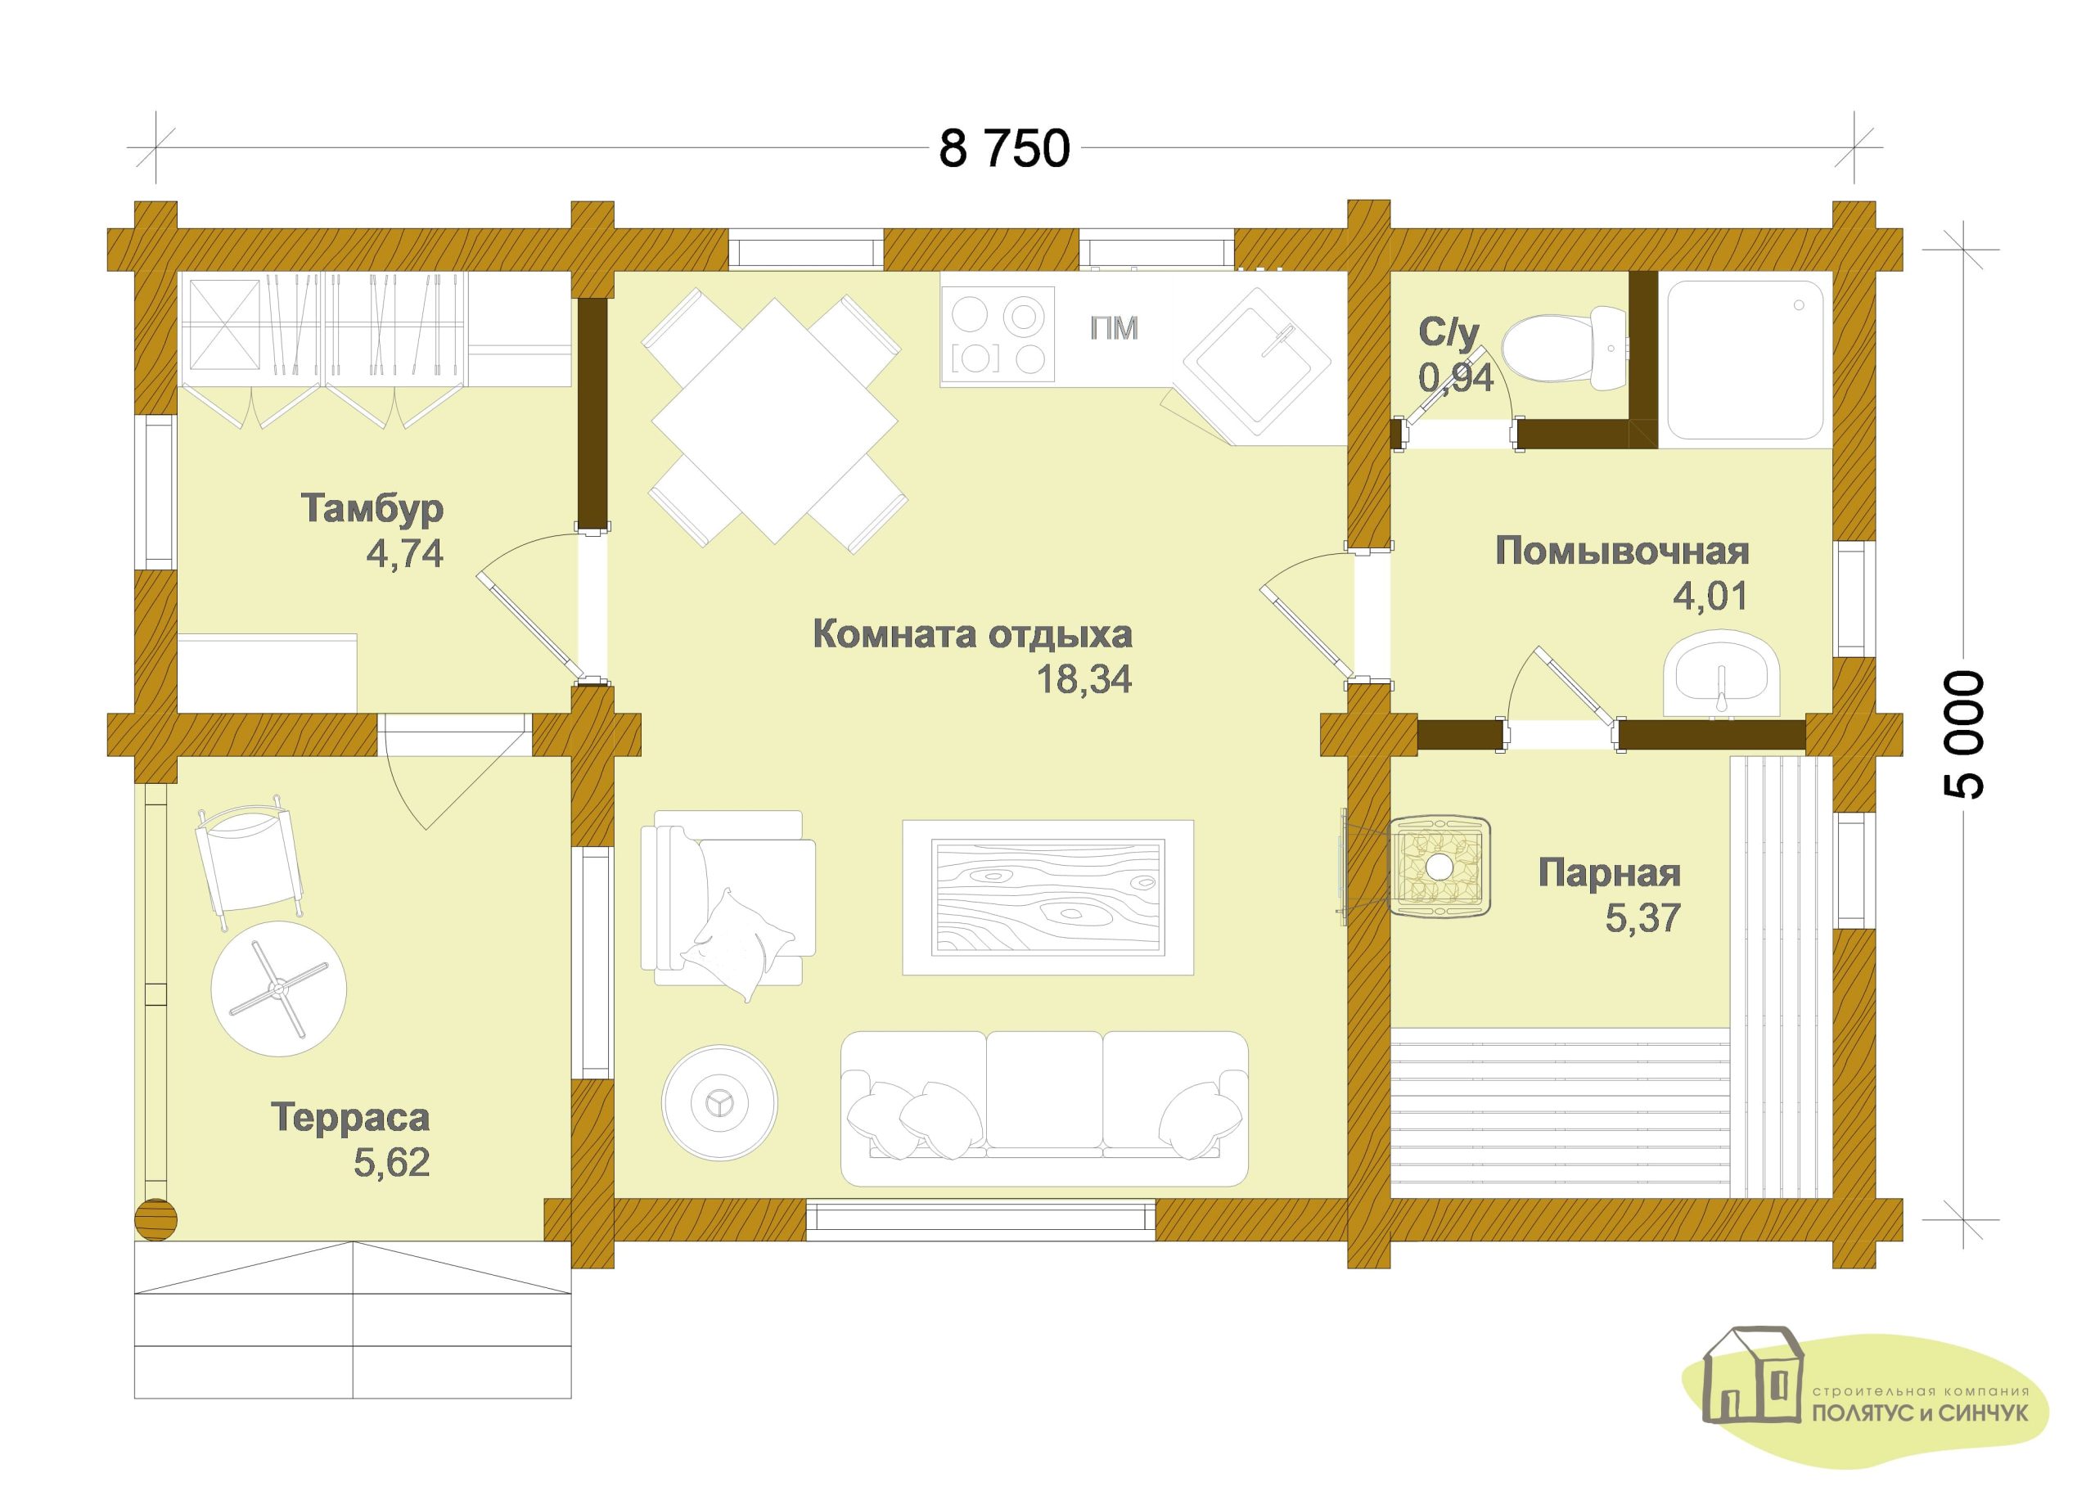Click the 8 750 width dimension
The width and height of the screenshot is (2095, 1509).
1004,149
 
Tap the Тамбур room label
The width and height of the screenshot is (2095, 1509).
372,508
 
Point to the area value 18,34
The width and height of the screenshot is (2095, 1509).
1084,680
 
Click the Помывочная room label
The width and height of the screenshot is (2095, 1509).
1622,552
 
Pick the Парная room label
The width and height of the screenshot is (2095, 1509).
1609,872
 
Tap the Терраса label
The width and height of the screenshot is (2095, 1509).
350,1118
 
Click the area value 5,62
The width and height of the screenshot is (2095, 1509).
392,1163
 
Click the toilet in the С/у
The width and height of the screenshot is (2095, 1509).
1564,350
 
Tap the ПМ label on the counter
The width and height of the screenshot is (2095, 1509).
1114,329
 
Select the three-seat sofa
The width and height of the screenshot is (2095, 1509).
1045,1109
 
